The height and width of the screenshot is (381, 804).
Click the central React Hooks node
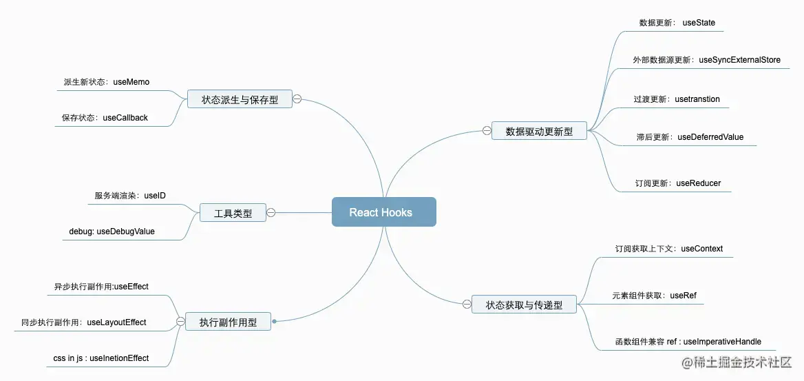click(x=383, y=212)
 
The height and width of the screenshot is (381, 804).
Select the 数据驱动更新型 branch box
click(x=539, y=131)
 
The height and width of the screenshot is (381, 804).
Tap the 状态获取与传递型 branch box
click(x=524, y=305)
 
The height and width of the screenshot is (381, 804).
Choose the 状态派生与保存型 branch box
click(x=240, y=99)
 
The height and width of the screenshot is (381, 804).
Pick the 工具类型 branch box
click(x=233, y=214)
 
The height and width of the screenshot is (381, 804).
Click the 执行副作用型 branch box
click(x=228, y=322)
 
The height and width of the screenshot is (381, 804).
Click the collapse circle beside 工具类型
click(x=271, y=213)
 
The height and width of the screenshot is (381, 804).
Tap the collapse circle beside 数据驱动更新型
click(x=486, y=130)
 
